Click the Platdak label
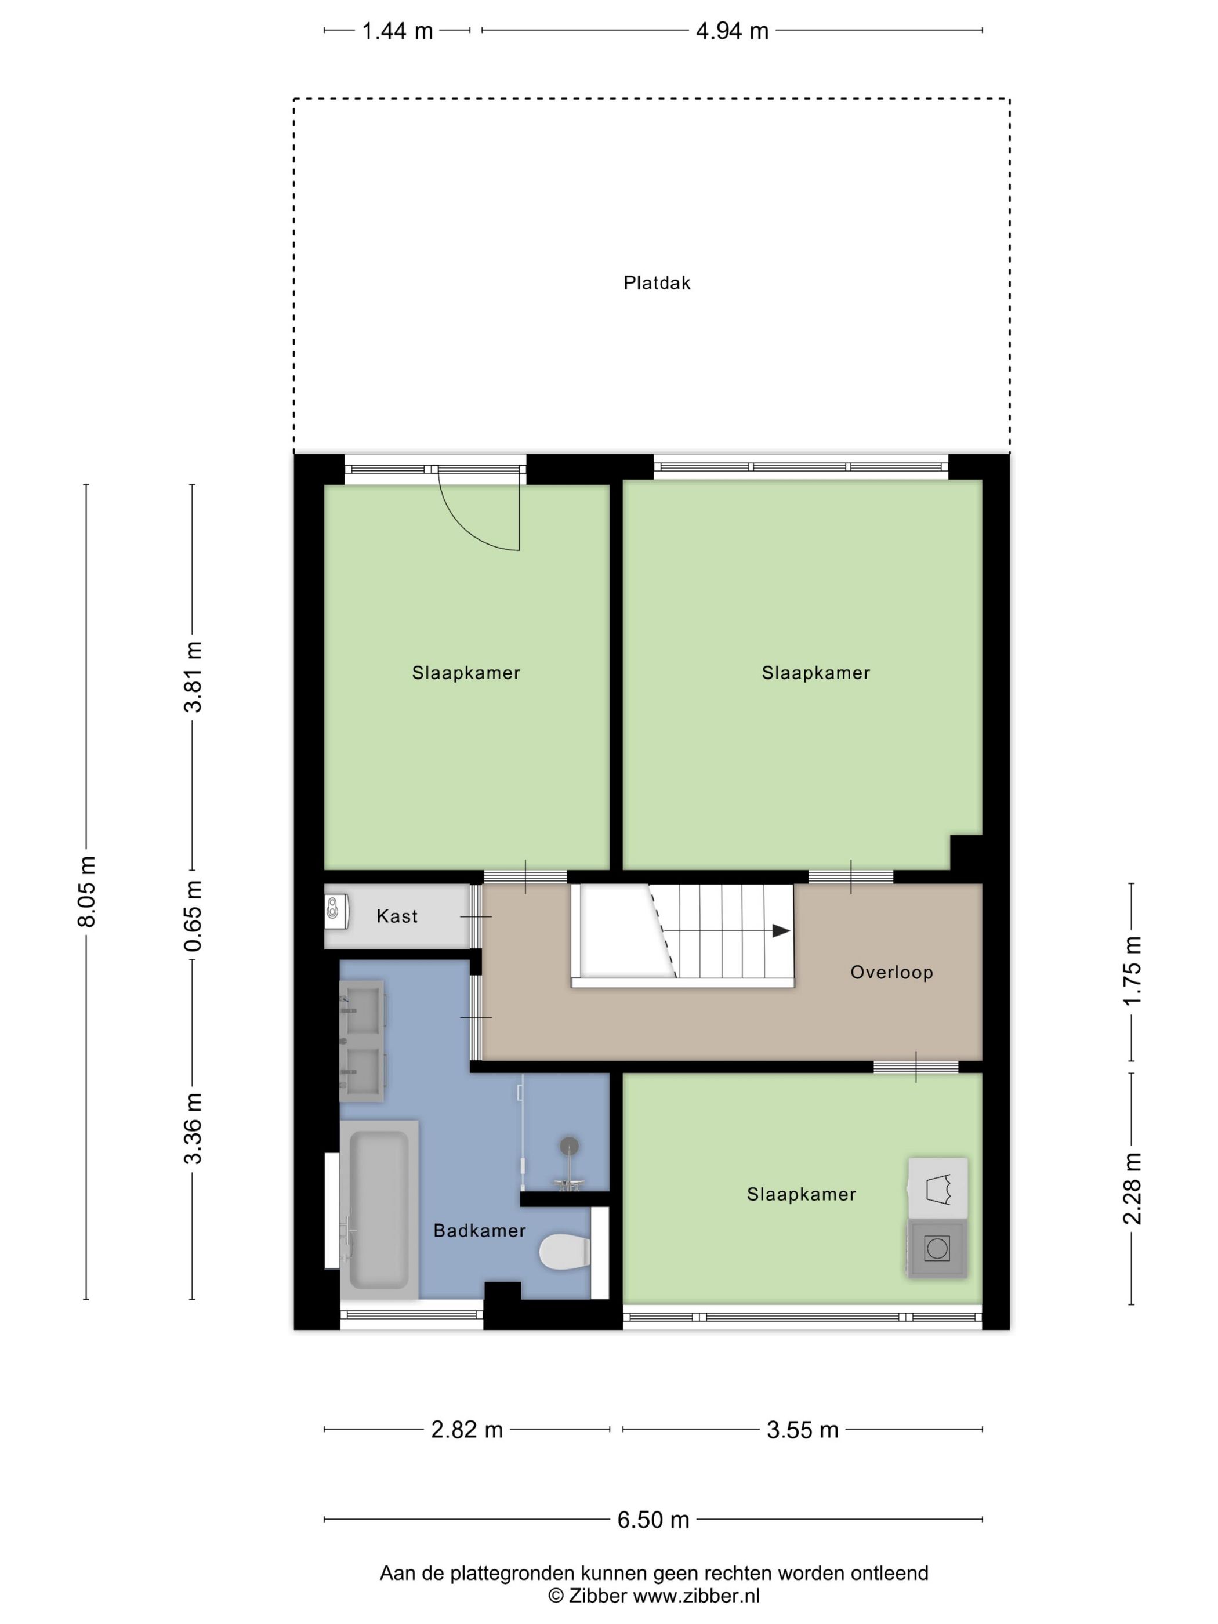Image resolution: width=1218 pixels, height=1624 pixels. (x=657, y=282)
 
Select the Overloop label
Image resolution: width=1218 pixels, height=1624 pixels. (x=891, y=972)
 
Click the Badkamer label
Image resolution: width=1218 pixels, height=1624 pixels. (x=480, y=1231)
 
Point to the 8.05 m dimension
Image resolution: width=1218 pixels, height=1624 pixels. (x=86, y=891)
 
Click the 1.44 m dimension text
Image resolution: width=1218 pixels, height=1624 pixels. (x=397, y=31)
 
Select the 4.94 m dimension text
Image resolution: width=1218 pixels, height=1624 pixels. (x=732, y=31)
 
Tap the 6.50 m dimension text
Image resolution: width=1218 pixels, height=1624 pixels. (x=652, y=1519)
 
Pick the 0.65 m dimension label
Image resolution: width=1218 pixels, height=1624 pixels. (x=193, y=915)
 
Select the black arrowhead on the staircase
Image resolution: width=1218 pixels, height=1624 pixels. (x=781, y=931)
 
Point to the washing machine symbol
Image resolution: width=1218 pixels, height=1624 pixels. (x=937, y=1248)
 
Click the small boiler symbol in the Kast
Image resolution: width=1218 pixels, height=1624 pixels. (x=332, y=908)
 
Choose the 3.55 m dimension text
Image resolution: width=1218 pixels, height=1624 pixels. (x=803, y=1430)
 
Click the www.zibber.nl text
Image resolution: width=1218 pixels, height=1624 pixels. (x=696, y=1594)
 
